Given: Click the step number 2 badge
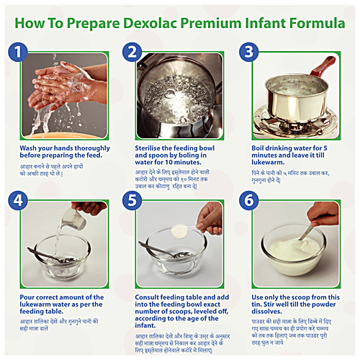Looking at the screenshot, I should (x=132, y=52).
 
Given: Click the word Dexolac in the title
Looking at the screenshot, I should (x=138, y=22).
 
